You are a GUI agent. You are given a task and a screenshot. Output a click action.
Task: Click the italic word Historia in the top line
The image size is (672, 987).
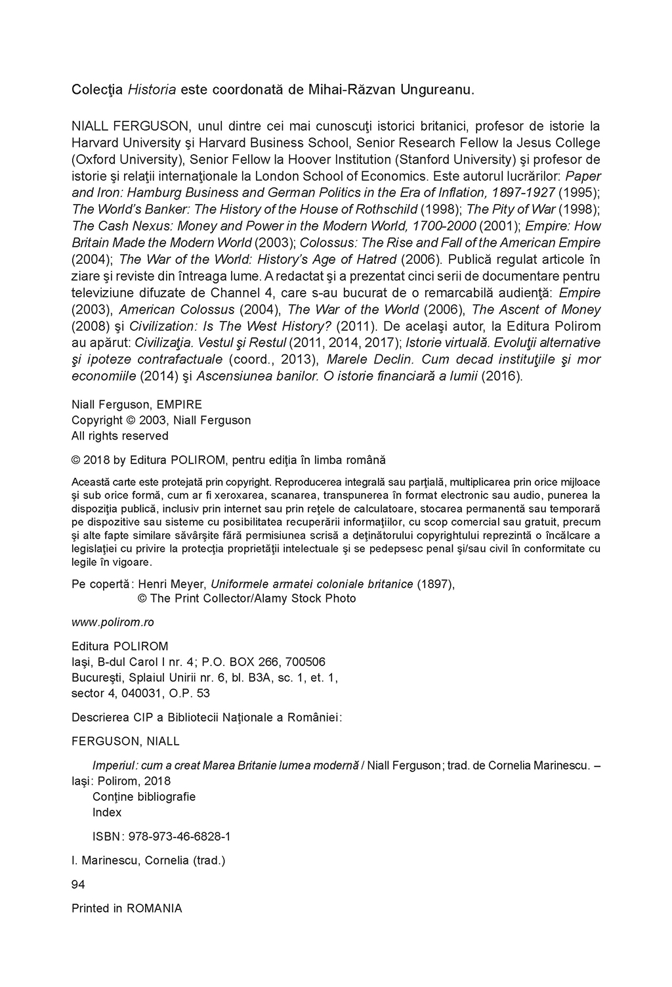click(152, 89)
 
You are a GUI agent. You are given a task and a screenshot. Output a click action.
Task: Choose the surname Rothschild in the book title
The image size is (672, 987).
click(386, 209)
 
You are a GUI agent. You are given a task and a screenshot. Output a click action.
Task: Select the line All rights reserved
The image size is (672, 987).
click(119, 436)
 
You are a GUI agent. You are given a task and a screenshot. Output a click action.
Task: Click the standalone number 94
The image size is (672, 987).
click(78, 885)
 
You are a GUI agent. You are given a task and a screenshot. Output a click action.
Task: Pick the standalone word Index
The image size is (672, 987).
click(107, 812)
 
